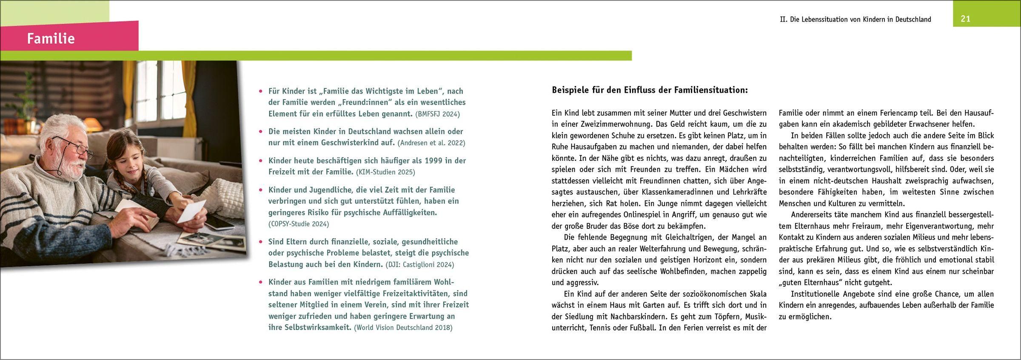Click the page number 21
[965, 19]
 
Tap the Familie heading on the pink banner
[51, 39]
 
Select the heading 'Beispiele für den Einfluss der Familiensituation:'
[650, 90]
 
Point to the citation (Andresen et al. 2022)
[431, 143]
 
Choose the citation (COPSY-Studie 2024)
[299, 224]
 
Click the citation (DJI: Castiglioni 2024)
[420, 265]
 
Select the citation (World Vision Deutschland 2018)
[403, 328]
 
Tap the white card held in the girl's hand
[191, 211]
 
